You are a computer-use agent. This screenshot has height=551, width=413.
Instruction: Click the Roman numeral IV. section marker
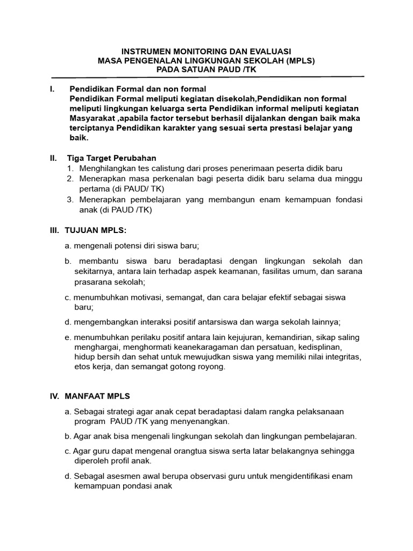55,396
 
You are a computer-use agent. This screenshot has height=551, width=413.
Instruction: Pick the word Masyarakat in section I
92,118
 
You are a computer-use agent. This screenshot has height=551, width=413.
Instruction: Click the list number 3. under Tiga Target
70,200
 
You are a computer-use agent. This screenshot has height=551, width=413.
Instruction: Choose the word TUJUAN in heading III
80,230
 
